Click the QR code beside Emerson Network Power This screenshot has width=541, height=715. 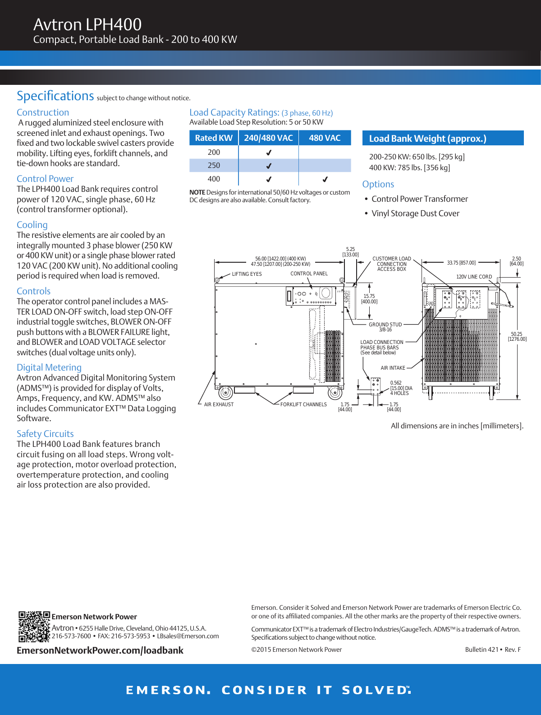pyautogui.click(x=34, y=627)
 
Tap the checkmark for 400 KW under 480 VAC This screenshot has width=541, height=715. pyautogui.click(x=325, y=179)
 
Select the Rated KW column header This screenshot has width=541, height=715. pyautogui.click(x=214, y=138)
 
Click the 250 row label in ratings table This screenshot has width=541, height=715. pyautogui.click(x=214, y=166)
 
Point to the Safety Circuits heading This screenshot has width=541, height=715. pyautogui.click(x=45, y=434)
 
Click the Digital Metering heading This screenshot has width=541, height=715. pyautogui.click(x=49, y=367)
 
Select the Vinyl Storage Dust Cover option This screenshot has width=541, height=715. pyautogui.click(x=415, y=214)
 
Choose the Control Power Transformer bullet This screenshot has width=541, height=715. pyautogui.click(x=419, y=199)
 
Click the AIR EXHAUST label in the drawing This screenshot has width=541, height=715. pyautogui.click(x=219, y=404)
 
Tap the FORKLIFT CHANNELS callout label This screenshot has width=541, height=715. pyautogui.click(x=303, y=404)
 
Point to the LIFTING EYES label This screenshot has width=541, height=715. pyautogui.click(x=247, y=274)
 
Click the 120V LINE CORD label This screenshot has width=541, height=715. pyautogui.click(x=474, y=277)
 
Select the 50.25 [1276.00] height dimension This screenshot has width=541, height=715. pyautogui.click(x=517, y=337)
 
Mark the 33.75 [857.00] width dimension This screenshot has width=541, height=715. pyautogui.click(x=461, y=263)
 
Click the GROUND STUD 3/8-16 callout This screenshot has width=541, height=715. pyautogui.click(x=385, y=327)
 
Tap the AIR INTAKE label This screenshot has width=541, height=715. pyautogui.click(x=393, y=368)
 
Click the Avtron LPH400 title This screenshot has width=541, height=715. pyautogui.click(x=87, y=24)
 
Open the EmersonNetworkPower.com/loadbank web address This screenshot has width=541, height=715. pyautogui.click(x=100, y=650)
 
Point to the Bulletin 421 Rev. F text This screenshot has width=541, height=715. pyautogui.click(x=493, y=650)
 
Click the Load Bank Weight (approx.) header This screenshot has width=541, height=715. pyautogui.click(x=427, y=139)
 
